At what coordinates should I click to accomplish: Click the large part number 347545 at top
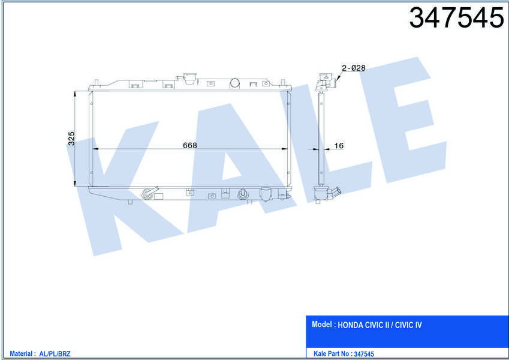click(x=456, y=17)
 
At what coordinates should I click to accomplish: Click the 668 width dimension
click(x=190, y=145)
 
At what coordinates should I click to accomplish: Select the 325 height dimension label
click(x=71, y=139)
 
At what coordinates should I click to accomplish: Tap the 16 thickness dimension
click(x=339, y=146)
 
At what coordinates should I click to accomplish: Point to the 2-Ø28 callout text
click(x=354, y=68)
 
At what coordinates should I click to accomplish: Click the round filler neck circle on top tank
click(x=234, y=83)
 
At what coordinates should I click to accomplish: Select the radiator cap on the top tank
click(x=190, y=79)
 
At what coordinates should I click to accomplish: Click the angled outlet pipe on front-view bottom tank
click(x=150, y=193)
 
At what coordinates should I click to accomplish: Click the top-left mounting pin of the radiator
click(x=96, y=82)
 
